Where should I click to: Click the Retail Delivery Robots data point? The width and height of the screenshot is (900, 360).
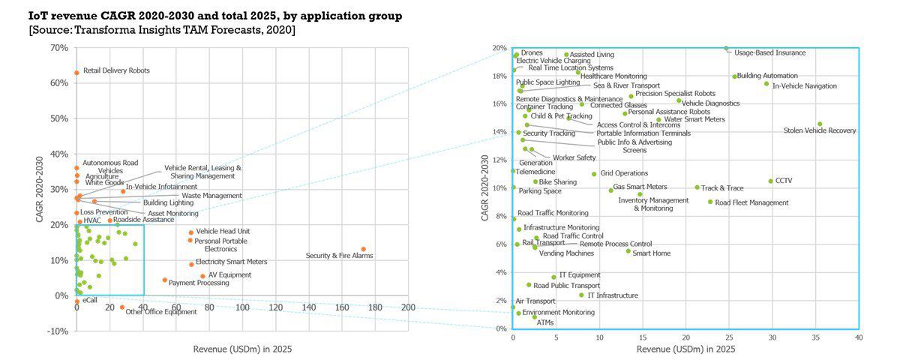tap(76, 73)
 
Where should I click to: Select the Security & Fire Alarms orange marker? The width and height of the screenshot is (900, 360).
tap(364, 249)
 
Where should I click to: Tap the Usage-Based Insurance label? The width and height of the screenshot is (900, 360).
tap(769, 53)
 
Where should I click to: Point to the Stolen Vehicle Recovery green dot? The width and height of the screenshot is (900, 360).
tap(820, 124)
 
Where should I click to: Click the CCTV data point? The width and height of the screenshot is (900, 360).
tap(770, 181)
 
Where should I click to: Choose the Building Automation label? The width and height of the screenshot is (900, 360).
tap(767, 76)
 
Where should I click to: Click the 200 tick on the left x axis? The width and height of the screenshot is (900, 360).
tap(409, 307)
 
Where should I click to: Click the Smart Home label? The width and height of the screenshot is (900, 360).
tap(652, 253)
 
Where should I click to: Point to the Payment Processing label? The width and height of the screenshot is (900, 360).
tap(199, 283)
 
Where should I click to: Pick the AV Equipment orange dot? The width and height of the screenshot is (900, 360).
tap(202, 276)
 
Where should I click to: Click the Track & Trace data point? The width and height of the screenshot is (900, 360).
tap(697, 187)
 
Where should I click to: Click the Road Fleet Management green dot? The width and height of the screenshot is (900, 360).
tap(710, 202)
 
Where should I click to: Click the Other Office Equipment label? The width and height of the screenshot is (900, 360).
tap(160, 312)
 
